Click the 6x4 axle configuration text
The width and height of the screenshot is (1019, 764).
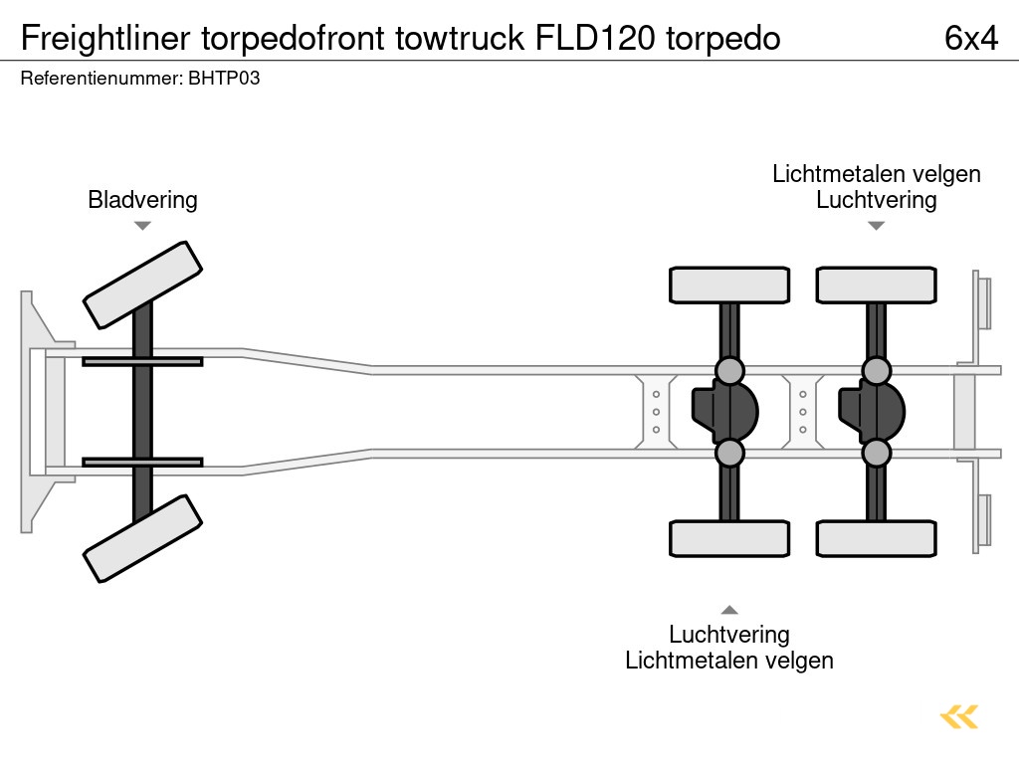point(970,38)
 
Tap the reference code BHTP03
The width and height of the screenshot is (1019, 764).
point(224,78)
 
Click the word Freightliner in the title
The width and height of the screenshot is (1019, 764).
point(106,38)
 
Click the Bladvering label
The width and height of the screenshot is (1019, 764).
point(142,200)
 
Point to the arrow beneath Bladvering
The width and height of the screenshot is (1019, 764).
point(142,226)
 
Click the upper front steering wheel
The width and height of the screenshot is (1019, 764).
point(142,285)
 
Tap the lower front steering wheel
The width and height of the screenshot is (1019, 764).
point(142,538)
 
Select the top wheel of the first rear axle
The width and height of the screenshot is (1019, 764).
point(729,285)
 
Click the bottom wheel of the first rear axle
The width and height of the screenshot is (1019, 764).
point(729,538)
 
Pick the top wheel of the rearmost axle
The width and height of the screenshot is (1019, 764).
point(876,285)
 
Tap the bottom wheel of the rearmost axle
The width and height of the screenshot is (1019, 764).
point(876,538)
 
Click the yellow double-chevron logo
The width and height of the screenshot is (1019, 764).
point(959,716)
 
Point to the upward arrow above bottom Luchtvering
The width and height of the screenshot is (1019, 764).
point(729,610)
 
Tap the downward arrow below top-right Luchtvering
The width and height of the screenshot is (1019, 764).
point(876,226)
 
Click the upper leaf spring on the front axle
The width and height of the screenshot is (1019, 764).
point(142,361)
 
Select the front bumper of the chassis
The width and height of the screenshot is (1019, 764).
point(35,411)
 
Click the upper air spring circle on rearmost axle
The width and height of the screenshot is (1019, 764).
point(876,371)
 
